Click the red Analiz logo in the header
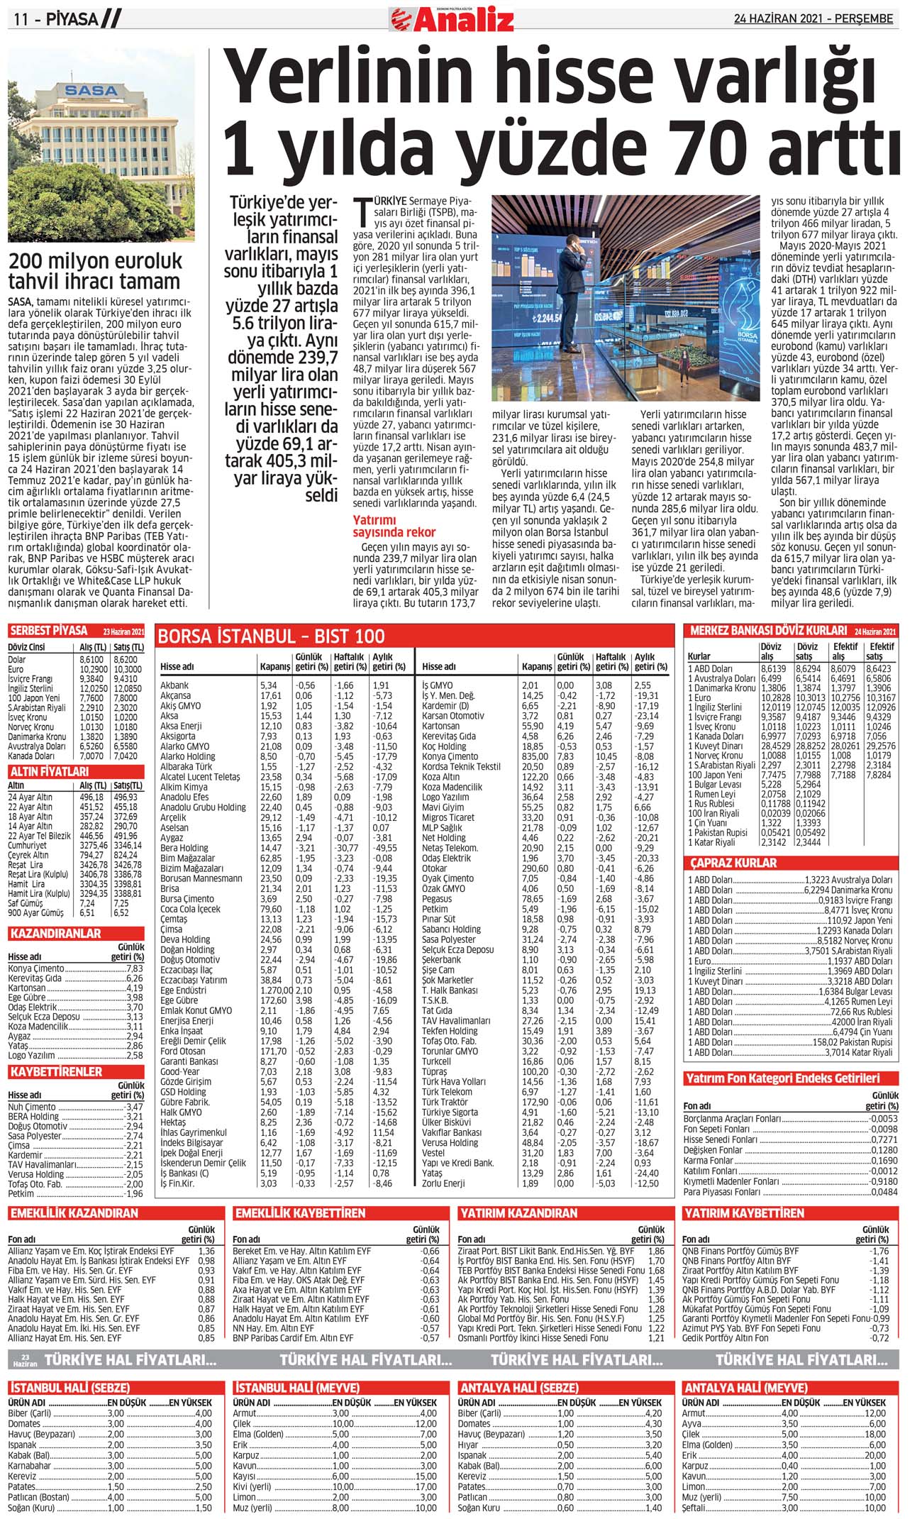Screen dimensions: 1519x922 pos(452,19)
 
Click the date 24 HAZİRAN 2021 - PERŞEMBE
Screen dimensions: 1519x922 pos(813,19)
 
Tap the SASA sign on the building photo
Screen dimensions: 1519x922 pos(91,90)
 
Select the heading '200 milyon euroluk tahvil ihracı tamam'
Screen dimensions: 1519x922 pos(95,271)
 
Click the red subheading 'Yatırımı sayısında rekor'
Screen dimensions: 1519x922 pos(394,526)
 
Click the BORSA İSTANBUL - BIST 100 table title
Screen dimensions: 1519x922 pos(271,636)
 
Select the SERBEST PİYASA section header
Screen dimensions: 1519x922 pos(49,631)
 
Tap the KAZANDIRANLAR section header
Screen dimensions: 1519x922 pos(55,934)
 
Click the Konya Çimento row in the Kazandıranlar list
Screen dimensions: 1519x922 pos(36,968)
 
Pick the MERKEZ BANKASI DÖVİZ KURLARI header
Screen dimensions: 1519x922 pos(768,631)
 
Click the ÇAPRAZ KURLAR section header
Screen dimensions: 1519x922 pos(733,863)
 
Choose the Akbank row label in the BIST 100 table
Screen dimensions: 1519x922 pos(174,685)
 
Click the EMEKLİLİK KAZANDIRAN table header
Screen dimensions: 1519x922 pos(74,1213)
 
